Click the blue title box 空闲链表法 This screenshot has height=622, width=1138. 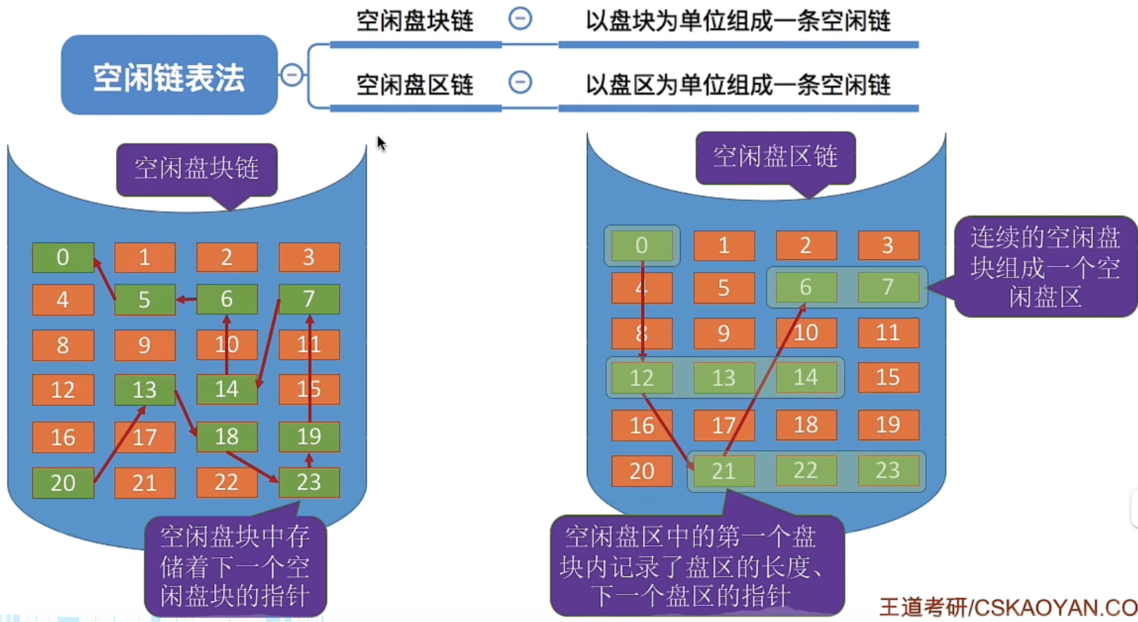[169, 75]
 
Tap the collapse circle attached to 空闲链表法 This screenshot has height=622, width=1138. [292, 75]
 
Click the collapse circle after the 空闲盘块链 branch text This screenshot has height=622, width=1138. [520, 19]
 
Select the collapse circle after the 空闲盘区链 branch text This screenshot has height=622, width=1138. [520, 82]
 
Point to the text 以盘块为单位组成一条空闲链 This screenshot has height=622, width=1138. [738, 21]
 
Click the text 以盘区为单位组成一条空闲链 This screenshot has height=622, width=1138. [738, 85]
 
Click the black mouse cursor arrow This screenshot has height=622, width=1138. [381, 144]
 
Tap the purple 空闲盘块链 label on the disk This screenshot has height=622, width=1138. [197, 170]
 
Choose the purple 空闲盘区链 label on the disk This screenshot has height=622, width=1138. [776, 158]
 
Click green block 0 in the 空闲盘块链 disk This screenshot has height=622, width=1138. [63, 257]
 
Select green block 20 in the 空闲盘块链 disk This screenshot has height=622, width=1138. [63, 483]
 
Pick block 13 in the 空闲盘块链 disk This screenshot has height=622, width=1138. [144, 390]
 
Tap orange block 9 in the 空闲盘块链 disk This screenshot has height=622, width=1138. [144, 345]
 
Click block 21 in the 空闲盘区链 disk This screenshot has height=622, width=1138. [724, 471]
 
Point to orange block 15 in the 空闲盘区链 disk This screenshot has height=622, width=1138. [889, 378]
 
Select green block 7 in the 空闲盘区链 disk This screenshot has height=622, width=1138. [889, 287]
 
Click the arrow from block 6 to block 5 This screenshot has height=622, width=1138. [186, 299]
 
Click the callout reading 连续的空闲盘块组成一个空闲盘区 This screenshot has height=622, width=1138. [1046, 267]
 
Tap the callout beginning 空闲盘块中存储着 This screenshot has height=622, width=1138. [235, 566]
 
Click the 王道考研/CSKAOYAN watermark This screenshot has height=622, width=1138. [1008, 607]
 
